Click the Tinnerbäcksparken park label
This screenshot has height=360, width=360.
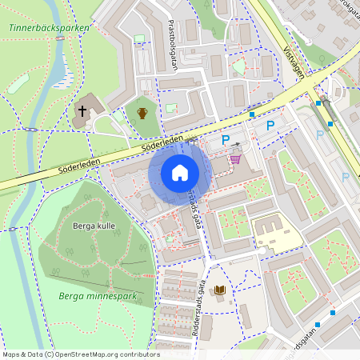coord(49,27)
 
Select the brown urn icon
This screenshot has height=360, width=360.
coord(142,113)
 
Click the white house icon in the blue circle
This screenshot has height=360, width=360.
coord(180,173)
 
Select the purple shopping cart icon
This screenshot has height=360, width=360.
coord(235,158)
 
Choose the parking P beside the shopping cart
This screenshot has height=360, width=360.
coord(226,141)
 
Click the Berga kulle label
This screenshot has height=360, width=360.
coord(95,226)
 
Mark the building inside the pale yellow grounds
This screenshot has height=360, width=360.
coord(277,234)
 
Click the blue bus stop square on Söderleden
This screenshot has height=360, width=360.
coord(253,115)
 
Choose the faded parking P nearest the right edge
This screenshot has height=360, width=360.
coord(346,177)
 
